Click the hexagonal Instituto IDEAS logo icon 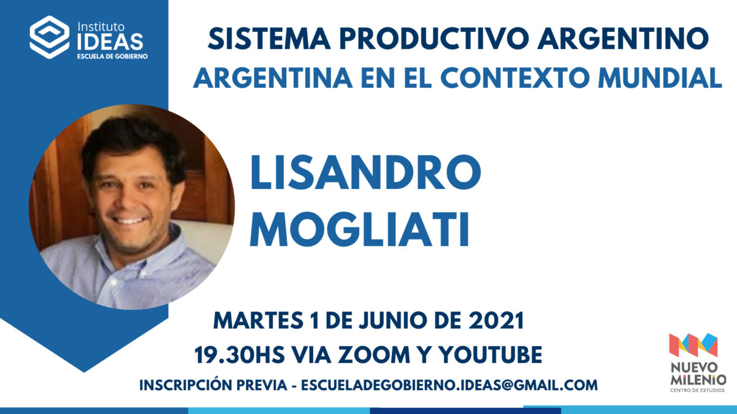[49, 37]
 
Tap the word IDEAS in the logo [110, 42]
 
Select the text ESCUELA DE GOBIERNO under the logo [112, 56]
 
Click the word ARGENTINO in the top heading [623, 39]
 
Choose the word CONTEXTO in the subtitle [515, 78]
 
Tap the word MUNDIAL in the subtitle [660, 78]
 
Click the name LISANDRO [365, 172]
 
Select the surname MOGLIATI [360, 229]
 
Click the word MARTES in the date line [259, 320]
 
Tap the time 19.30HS [240, 355]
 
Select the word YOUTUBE [491, 355]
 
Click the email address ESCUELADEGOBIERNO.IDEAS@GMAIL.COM [450, 385]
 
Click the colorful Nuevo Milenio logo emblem [693, 345]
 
